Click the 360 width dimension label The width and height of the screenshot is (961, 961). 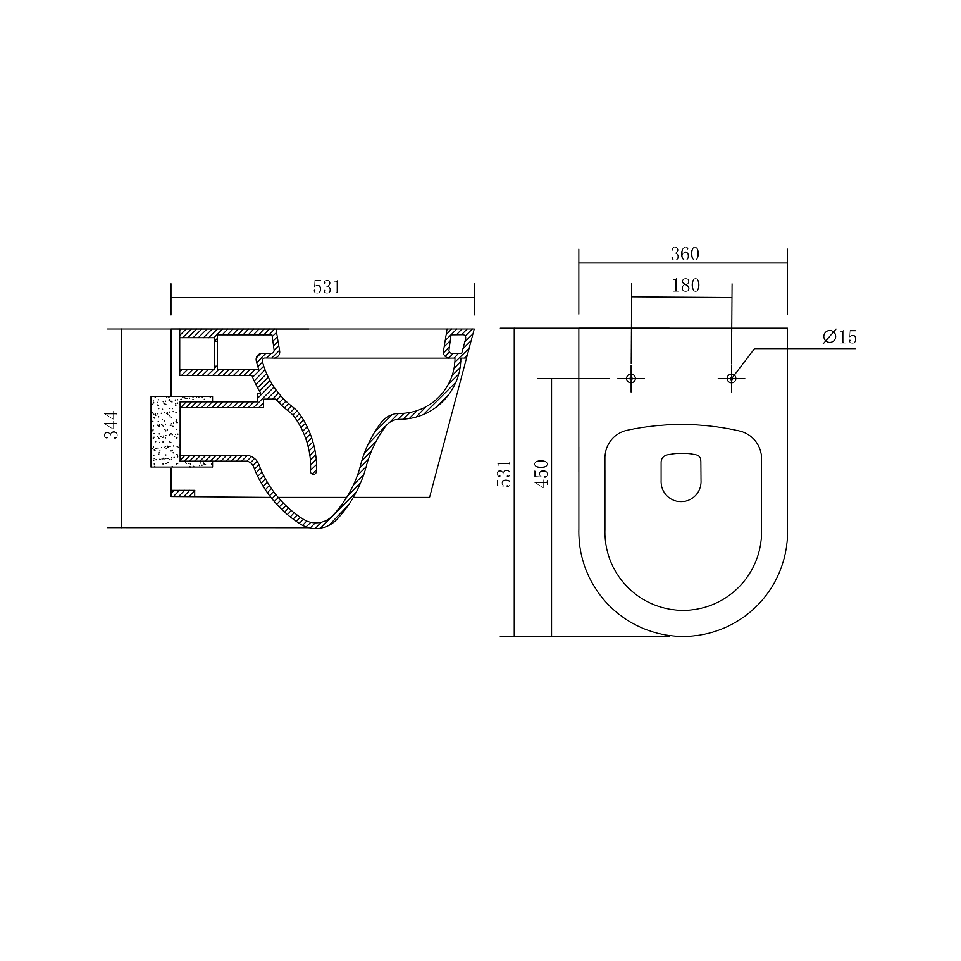pos(685,254)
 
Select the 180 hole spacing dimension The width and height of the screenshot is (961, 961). pos(685,286)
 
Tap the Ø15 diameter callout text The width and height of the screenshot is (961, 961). pos(840,337)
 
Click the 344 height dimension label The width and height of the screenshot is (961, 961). pos(112,425)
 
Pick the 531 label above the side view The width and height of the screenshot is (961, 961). pos(327,287)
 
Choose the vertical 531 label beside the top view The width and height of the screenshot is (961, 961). pos(504,474)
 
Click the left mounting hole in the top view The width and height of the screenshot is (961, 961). pos(631,379)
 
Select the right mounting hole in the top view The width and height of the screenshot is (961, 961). pos(731,379)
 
